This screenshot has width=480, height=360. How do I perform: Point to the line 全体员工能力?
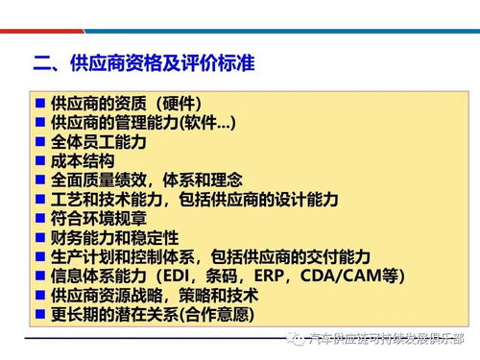(99, 142)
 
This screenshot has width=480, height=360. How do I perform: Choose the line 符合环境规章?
(99, 218)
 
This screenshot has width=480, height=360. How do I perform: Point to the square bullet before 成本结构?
(40, 160)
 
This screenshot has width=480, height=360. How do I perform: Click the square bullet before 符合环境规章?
(40, 218)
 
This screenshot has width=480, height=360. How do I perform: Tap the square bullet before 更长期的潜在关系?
(40, 314)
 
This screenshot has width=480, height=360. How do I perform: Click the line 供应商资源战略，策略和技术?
(155, 295)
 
